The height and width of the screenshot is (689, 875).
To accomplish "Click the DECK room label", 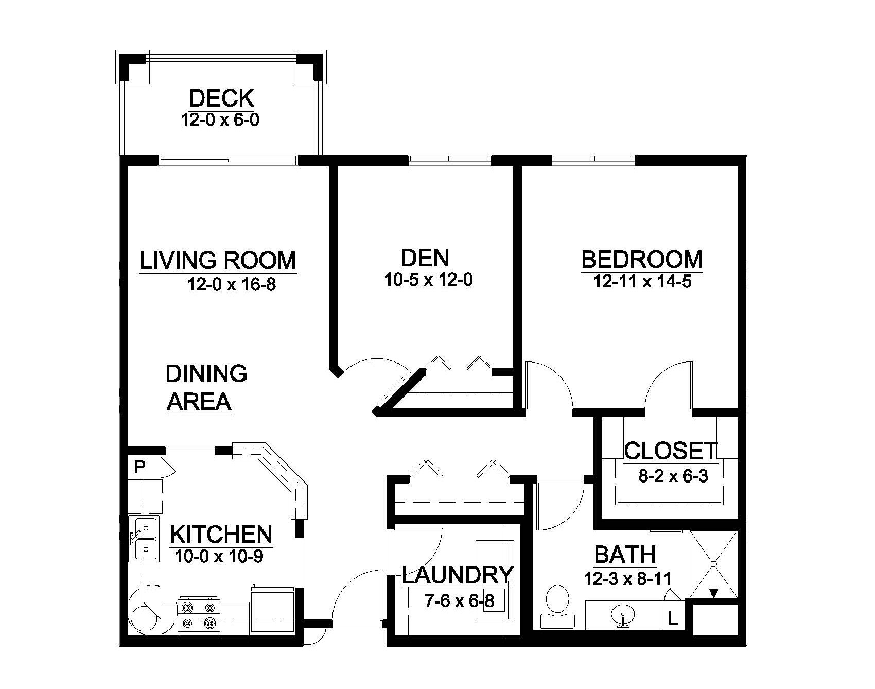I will click(221, 98).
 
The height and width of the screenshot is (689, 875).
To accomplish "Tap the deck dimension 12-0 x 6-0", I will click(220, 120).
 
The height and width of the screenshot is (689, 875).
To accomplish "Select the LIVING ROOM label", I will click(218, 261).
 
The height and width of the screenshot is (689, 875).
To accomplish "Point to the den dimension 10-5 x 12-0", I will click(428, 280).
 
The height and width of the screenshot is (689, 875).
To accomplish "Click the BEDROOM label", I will click(642, 260).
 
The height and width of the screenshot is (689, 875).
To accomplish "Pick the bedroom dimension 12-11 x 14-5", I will click(642, 282).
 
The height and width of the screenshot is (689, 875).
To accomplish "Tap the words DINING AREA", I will click(206, 387).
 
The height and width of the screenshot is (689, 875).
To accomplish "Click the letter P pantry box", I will click(139, 467).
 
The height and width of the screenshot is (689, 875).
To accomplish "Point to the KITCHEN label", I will click(221, 535).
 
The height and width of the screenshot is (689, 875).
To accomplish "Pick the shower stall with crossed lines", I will click(713, 564).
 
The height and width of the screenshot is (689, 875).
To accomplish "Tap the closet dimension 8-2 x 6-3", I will click(673, 476).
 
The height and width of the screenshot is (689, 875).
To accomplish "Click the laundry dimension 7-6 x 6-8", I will click(460, 600).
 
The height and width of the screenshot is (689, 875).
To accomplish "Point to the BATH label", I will click(625, 555).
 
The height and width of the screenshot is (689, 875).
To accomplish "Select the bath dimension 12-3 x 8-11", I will click(627, 579).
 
